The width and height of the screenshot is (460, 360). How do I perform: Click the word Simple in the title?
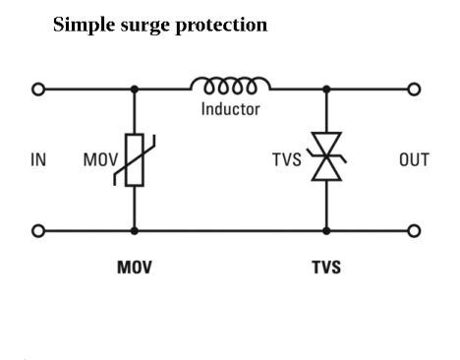[x=82, y=25]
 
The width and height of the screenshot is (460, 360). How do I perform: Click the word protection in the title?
[x=220, y=25]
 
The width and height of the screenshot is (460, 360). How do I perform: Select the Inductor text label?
[x=230, y=108]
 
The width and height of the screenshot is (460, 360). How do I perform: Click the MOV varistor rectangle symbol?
[x=134, y=159]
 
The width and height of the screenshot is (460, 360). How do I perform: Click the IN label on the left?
[x=37, y=160]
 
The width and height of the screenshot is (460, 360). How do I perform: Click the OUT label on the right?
[x=413, y=160]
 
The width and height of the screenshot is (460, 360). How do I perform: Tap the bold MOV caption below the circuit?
[x=135, y=267]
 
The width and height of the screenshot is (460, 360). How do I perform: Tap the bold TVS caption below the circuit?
[x=325, y=267]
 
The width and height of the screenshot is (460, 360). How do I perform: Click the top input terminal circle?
[x=38, y=89]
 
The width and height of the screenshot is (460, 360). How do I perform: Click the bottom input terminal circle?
[x=38, y=231]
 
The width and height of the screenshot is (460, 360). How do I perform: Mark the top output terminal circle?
[x=414, y=89]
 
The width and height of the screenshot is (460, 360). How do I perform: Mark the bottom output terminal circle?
[x=414, y=231]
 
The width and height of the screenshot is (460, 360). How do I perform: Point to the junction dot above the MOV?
[x=134, y=89]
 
